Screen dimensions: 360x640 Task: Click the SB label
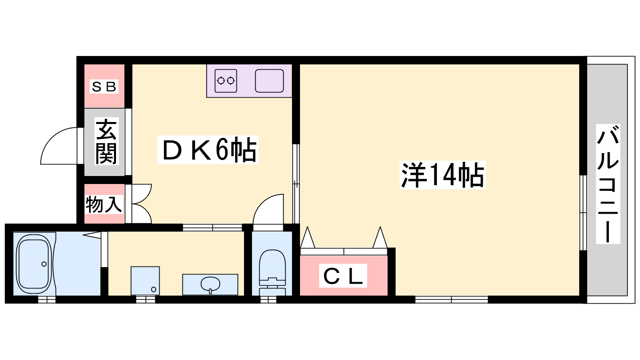(x=104, y=86)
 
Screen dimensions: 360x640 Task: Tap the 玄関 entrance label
(x=106, y=142)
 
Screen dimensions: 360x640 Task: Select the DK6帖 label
(x=208, y=150)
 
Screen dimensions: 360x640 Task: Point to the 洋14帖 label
(x=442, y=175)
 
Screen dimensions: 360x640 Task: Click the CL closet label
(x=343, y=276)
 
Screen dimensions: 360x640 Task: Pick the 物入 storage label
(x=104, y=204)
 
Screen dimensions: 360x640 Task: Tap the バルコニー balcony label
(x=608, y=184)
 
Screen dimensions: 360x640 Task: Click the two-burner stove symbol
(x=226, y=81)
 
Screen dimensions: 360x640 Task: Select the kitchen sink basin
(x=269, y=81)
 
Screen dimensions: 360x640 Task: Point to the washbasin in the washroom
(x=210, y=284)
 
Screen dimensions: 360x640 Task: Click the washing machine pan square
(x=145, y=281)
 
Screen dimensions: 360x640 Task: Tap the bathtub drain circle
(x=44, y=264)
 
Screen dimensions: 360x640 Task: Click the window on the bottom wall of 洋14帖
(x=451, y=300)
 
